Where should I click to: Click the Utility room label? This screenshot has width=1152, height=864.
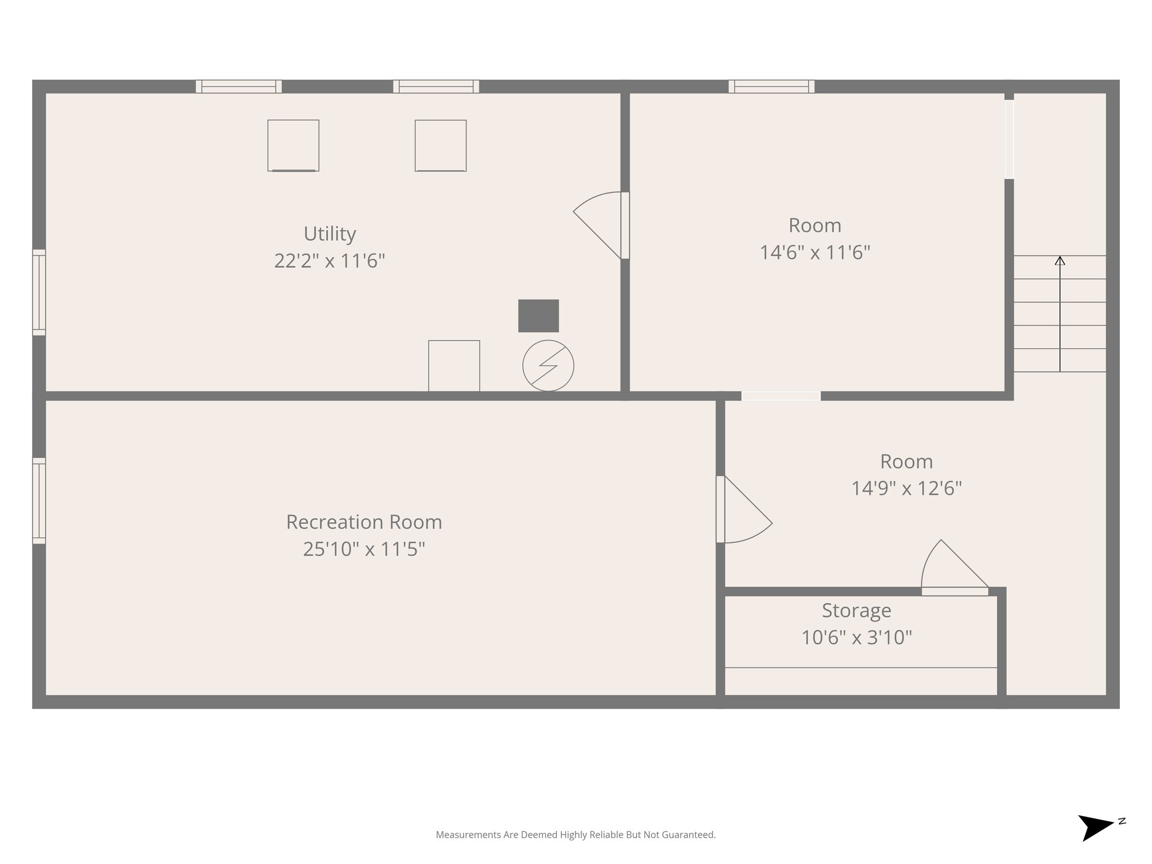click(x=330, y=233)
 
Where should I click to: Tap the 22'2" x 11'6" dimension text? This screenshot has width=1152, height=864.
click(x=330, y=261)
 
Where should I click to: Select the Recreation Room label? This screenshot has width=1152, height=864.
click(x=364, y=522)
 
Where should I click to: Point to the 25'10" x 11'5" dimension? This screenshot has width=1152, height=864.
click(x=364, y=549)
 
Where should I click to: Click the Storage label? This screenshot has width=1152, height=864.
click(x=856, y=610)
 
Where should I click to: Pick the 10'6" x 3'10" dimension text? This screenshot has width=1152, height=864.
click(x=856, y=637)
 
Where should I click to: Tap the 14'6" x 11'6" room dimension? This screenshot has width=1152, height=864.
click(x=815, y=253)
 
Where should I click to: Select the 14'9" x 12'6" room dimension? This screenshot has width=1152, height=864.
click(x=906, y=488)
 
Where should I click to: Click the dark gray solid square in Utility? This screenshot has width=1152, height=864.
click(x=538, y=316)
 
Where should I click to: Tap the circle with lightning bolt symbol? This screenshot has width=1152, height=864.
click(x=548, y=366)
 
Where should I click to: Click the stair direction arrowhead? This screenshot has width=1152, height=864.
click(x=1060, y=260)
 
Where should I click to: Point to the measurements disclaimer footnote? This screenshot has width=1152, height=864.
click(x=575, y=835)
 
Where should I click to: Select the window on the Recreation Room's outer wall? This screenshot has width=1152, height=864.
click(x=39, y=501)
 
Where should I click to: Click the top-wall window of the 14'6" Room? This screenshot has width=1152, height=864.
click(x=771, y=87)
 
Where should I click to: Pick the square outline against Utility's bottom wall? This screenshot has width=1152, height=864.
click(x=454, y=366)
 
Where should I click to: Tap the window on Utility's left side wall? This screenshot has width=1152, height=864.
click(x=39, y=292)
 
